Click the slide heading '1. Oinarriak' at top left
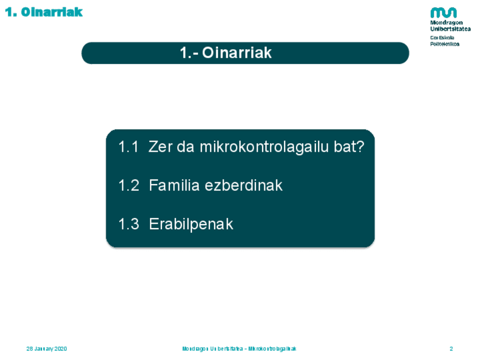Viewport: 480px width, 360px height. click(x=44, y=12)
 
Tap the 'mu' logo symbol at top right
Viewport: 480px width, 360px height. click(x=443, y=13)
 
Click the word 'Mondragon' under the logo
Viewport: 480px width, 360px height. click(x=447, y=23)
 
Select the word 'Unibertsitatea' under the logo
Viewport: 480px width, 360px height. click(x=451, y=29)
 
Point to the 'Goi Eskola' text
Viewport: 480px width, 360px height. click(x=442, y=38)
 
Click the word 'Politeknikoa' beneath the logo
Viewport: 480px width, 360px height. click(x=444, y=44)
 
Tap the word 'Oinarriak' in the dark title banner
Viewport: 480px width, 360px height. click(x=237, y=53)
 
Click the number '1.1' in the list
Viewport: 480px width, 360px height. click(x=128, y=147)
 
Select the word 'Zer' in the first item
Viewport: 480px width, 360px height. click(x=160, y=147)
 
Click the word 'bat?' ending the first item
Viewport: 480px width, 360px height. click(x=349, y=147)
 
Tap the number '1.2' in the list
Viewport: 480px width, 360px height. click(x=129, y=186)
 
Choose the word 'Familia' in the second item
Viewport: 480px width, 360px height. click(x=174, y=186)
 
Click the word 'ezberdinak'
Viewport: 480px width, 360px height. click(x=243, y=186)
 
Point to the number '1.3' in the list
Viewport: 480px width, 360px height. click(x=129, y=224)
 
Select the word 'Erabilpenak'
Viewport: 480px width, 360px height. click(x=191, y=225)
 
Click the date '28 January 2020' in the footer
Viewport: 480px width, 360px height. click(x=46, y=349)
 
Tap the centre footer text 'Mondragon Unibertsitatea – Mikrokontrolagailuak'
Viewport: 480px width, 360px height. click(x=239, y=349)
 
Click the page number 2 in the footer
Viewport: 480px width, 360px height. click(x=451, y=349)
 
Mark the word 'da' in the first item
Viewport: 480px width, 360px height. click(x=186, y=147)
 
